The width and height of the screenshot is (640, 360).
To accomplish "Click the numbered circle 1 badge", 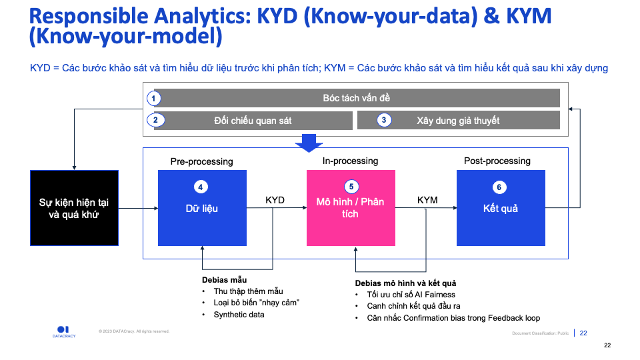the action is coord(155,99).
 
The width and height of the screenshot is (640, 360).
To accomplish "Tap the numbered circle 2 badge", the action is coord(155,121).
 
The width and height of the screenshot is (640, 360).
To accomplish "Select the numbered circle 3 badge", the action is coord(384,121).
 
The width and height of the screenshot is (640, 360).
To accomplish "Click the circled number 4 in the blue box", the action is coord(201,187).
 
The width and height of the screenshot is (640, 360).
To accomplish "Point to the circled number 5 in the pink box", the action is coord(351,187).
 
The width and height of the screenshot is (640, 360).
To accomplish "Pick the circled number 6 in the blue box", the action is coord(500,187).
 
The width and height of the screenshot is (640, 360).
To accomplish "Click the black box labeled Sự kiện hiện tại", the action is coord(74,208).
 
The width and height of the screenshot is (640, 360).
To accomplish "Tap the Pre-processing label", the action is coord(201,161).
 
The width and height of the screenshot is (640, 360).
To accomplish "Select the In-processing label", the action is coord(350,161).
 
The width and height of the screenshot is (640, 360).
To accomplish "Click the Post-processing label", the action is coord(497,161).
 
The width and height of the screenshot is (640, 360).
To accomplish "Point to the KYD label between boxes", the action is coord(275,200).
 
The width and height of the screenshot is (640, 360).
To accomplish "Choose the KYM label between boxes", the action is coord(427,200).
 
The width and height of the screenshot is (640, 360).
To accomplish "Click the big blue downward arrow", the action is coord(308,143).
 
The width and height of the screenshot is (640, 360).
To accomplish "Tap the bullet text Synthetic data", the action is coord(239,315).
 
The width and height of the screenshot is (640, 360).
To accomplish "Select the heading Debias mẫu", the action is coord(224,280).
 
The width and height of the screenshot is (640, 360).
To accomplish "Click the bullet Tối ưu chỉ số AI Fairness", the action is coord(411,295).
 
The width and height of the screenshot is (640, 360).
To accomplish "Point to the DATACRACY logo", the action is coord(64,331).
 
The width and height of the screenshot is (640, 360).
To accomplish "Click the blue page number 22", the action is coord(583,333).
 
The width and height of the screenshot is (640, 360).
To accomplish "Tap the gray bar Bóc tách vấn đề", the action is coord(356,99).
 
